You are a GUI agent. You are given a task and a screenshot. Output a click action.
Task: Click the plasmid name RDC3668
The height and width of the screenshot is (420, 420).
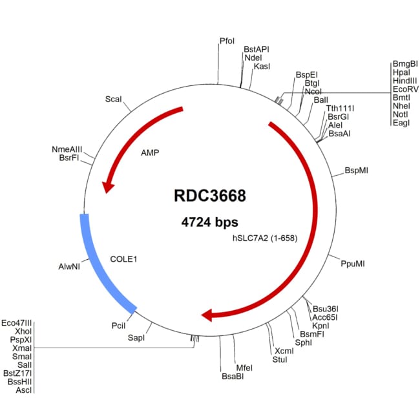[x=210, y=194]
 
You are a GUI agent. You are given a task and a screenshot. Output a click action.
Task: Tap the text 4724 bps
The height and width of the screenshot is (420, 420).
[x=209, y=222]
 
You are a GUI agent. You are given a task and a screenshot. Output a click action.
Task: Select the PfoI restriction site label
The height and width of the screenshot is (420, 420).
[x=227, y=41]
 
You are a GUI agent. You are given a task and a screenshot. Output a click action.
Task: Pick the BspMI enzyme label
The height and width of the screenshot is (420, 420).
[x=357, y=171]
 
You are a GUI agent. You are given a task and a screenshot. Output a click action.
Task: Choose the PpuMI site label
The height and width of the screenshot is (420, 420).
[x=353, y=264]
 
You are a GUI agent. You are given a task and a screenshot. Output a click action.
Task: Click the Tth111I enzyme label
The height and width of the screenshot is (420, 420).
[x=339, y=108]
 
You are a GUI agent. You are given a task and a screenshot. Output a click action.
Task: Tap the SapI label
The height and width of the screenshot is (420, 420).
[x=136, y=337]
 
